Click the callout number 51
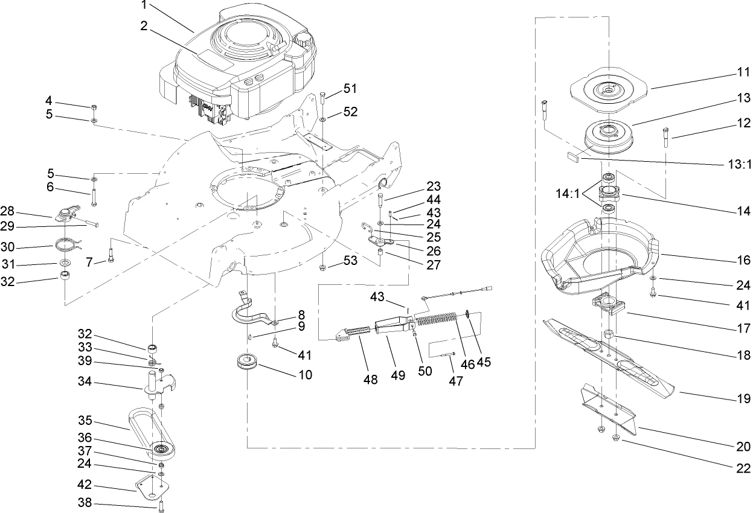pyautogui.click(x=350, y=89)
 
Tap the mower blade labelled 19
pyautogui.click(x=610, y=356)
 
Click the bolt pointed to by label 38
pyautogui.click(x=161, y=506)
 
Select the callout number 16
pyautogui.click(x=743, y=260)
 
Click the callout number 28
pyautogui.click(x=24, y=212)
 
